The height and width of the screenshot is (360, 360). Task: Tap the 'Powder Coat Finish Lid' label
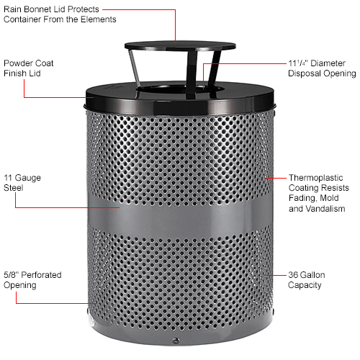28,68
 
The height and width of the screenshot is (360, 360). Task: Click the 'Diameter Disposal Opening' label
321,68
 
